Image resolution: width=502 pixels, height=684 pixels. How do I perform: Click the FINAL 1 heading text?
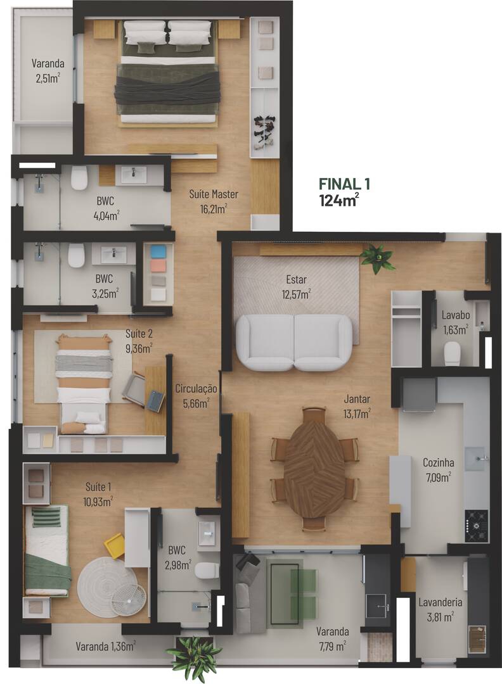pos(344,184)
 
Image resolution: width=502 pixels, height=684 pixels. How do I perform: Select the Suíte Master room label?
pos(208,194)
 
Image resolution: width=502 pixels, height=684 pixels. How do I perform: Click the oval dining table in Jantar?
pos(314,467)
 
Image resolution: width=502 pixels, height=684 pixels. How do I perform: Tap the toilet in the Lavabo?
pos(452,353)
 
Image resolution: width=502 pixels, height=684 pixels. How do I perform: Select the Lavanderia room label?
pos(440,602)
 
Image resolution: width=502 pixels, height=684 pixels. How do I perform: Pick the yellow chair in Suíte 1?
pos(115,545)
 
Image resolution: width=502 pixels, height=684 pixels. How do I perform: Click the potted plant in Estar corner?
pos(377,258)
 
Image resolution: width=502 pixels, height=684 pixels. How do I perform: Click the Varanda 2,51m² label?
pos(48,70)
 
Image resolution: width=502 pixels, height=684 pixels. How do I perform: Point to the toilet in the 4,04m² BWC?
pos(79,179)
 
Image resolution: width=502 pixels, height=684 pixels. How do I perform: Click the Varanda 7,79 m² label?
pos(332,638)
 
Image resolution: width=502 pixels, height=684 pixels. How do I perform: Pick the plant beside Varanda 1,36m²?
pos(194,656)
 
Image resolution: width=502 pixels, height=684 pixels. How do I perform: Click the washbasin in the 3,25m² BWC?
pos(113,255)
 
